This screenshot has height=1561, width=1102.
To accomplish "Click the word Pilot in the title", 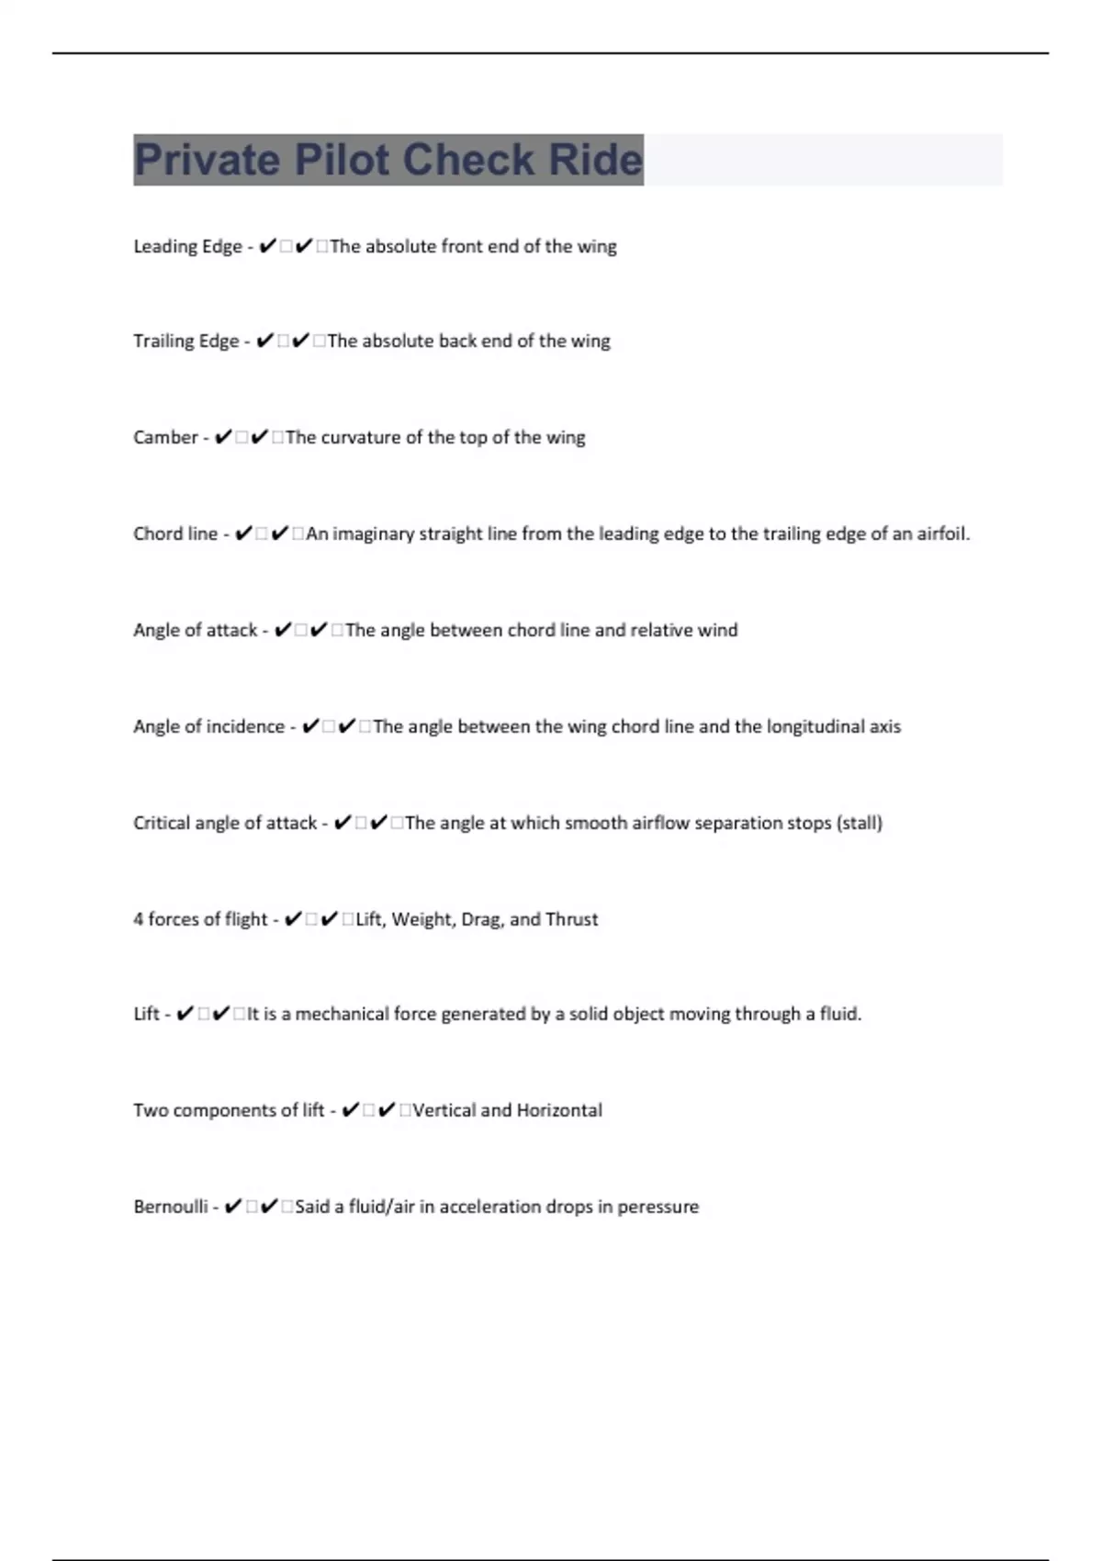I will [x=342, y=160].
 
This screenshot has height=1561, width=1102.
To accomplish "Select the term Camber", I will [x=165, y=437].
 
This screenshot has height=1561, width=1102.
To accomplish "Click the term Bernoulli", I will [x=171, y=1207].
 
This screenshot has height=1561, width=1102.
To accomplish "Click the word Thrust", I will [x=571, y=919].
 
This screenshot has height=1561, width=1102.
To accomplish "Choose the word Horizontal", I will [x=559, y=1110].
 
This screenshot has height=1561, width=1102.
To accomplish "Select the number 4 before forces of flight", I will [x=138, y=919].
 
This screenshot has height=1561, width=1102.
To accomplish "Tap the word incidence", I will [x=245, y=726].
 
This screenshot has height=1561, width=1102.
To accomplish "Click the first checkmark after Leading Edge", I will [x=267, y=246].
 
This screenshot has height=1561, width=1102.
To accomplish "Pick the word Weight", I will [x=421, y=919].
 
